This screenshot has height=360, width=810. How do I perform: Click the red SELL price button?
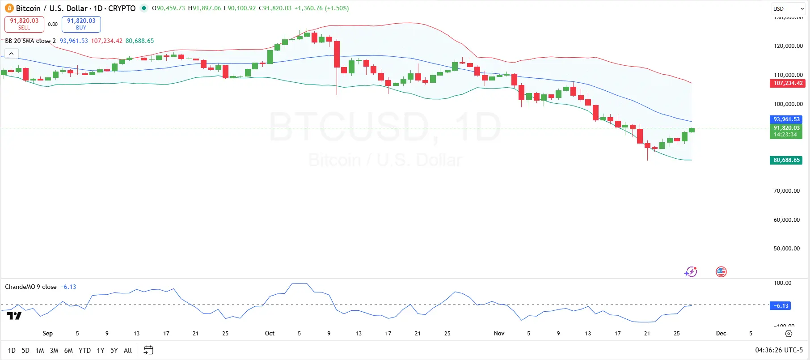pyautogui.click(x=24, y=24)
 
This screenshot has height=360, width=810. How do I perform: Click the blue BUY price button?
pyautogui.click(x=81, y=24)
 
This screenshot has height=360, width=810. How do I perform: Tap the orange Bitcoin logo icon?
pyautogui.click(x=9, y=8)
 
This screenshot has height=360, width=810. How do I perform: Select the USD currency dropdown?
pyautogui.click(x=789, y=9)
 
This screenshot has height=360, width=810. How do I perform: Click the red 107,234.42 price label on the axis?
pyautogui.click(x=788, y=83)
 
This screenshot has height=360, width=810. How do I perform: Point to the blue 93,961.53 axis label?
pyautogui.click(x=786, y=119)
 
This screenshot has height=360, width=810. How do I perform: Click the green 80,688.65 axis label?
pyautogui.click(x=786, y=160)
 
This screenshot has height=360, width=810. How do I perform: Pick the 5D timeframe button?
pyautogui.click(x=25, y=351)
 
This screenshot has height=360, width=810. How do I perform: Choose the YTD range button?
pyautogui.click(x=84, y=351)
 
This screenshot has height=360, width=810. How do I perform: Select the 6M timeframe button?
pyautogui.click(x=68, y=351)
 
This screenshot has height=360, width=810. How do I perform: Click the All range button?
pyautogui.click(x=128, y=351)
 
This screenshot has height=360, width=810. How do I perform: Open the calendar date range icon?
pyautogui.click(x=148, y=350)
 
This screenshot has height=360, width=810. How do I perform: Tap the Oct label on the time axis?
pyautogui.click(x=270, y=334)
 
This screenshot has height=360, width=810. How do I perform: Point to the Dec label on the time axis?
pyautogui.click(x=721, y=334)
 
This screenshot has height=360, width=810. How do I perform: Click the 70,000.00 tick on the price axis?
pyautogui.click(x=786, y=191)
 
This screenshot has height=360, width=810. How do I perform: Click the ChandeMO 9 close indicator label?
pyautogui.click(x=31, y=287)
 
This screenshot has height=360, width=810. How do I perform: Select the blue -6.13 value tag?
pyautogui.click(x=780, y=306)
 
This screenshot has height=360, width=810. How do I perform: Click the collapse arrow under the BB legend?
pyautogui.click(x=11, y=54)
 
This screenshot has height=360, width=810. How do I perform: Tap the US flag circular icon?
pyautogui.click(x=721, y=272)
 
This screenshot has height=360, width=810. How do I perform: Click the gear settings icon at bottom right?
pyautogui.click(x=789, y=334)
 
